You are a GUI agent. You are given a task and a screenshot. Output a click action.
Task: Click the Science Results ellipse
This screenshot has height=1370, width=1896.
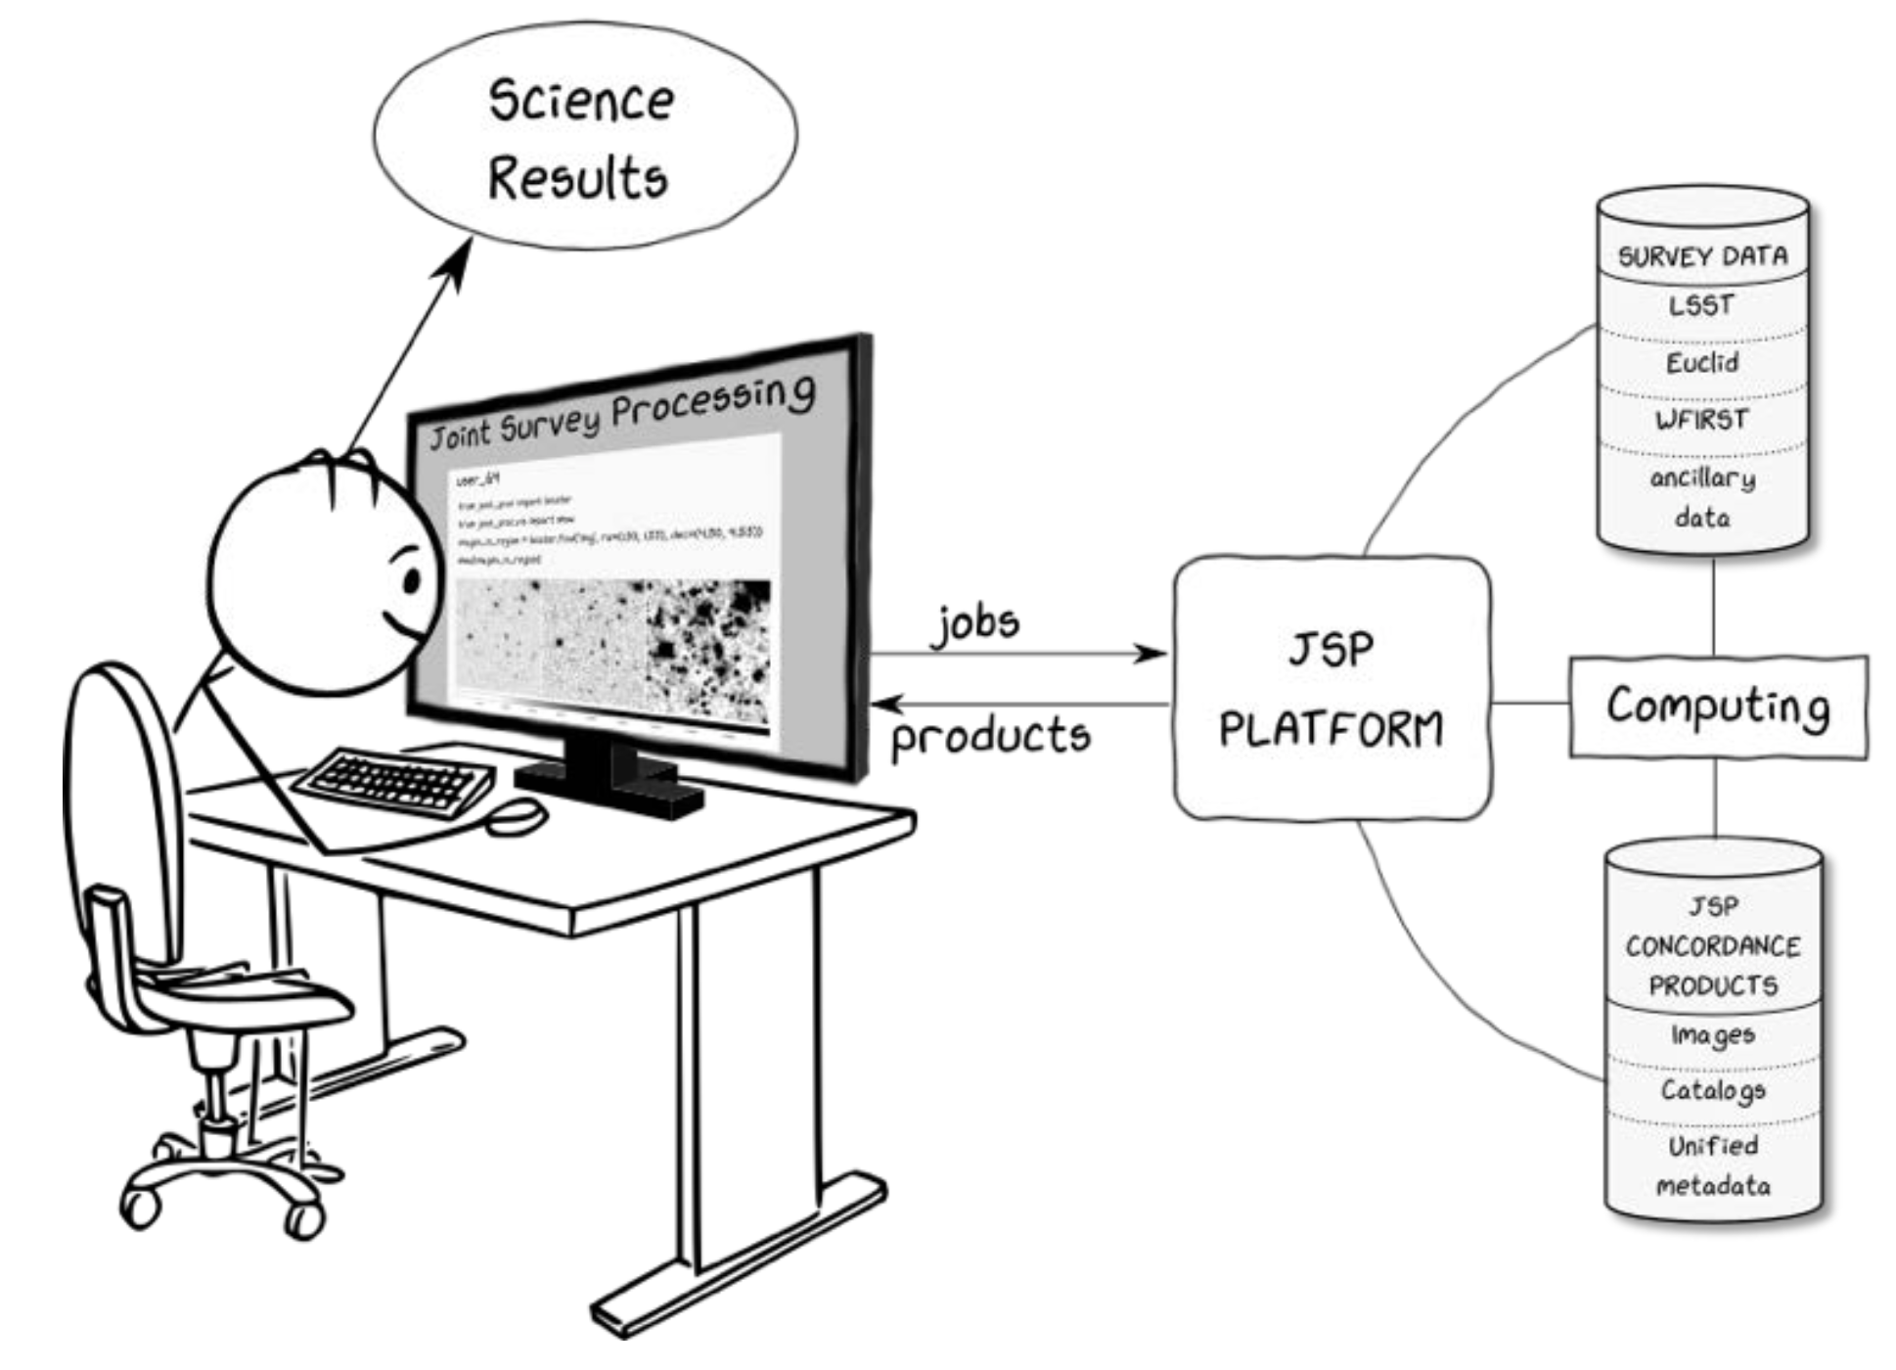[x=584, y=137]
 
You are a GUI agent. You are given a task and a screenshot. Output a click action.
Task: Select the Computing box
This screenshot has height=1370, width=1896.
[x=1717, y=707]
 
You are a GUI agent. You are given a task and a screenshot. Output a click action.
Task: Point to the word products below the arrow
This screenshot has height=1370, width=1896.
[x=990, y=736]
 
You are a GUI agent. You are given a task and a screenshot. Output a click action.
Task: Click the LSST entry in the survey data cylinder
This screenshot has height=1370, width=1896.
[x=1701, y=305]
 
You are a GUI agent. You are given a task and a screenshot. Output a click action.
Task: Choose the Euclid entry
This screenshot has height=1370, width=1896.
[x=1702, y=363]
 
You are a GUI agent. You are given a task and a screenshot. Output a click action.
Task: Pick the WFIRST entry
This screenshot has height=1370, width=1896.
[x=1701, y=420]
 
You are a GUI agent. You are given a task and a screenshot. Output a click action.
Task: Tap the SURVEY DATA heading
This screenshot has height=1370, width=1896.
[x=1702, y=256]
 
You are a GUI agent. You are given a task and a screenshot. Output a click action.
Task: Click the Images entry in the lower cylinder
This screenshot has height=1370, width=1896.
[x=1712, y=1034]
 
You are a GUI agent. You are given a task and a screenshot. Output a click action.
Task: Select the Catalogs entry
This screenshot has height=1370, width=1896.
[x=1712, y=1089]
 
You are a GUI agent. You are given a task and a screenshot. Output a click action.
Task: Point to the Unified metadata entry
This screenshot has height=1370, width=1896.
[x=1712, y=1165]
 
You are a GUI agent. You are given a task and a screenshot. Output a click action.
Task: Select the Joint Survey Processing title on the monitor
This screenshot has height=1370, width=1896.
[x=621, y=411]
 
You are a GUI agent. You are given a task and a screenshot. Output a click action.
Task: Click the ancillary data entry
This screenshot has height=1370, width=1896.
[x=1702, y=497]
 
